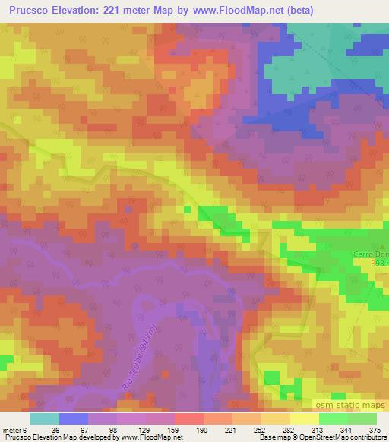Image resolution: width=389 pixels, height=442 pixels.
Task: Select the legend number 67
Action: pyautogui.click(x=74, y=430)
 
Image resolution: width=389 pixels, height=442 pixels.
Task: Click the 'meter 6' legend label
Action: pyautogui.click(x=14, y=430)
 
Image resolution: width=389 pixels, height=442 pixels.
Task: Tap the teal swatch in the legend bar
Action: pyautogui.click(x=45, y=418)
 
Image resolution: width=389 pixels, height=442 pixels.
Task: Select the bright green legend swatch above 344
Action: pyautogui.click(x=333, y=418)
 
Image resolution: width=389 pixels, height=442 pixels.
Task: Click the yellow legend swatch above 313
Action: pyautogui.click(x=304, y=418)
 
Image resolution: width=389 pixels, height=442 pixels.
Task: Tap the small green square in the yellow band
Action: pyautogui.click(x=187, y=209)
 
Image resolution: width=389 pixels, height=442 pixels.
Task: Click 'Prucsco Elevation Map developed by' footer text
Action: pyautogui.click(x=48, y=437)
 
